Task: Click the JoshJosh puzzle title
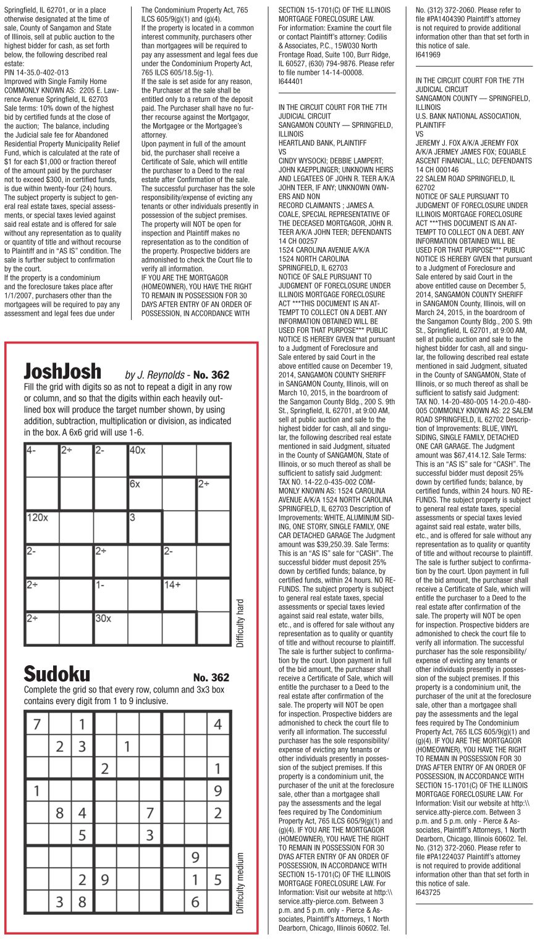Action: (x=62, y=371)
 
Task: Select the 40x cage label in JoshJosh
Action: (x=137, y=450)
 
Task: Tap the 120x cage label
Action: (x=37, y=518)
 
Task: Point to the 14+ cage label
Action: (x=173, y=584)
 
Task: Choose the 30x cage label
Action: (x=103, y=618)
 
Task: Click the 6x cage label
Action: (x=135, y=484)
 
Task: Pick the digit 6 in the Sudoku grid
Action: (x=195, y=902)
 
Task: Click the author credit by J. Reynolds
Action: (x=155, y=375)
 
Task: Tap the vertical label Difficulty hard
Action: (x=240, y=622)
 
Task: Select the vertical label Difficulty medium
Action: (x=240, y=883)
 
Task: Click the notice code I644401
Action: (x=291, y=81)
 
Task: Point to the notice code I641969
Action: (x=428, y=54)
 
